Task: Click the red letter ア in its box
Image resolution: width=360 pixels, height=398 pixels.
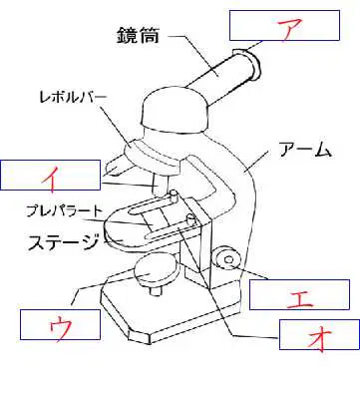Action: (289, 29)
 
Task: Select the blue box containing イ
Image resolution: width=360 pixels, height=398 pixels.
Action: (50, 176)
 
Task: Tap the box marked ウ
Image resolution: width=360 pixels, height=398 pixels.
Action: (60, 324)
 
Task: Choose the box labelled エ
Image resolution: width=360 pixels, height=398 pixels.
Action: (299, 294)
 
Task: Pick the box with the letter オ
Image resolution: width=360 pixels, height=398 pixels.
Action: (319, 334)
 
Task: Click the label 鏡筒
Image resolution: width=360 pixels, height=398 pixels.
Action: (138, 35)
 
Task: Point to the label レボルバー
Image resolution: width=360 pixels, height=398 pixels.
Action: (73, 97)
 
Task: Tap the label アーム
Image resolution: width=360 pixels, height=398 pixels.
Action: (305, 150)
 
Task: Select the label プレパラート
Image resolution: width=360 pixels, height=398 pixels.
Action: (63, 210)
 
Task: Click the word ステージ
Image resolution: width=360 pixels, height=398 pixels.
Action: (63, 242)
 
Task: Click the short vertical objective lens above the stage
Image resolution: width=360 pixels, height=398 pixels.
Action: (162, 185)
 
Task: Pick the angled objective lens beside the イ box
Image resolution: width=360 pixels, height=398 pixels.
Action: (117, 166)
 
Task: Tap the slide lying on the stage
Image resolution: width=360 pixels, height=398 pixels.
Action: (157, 220)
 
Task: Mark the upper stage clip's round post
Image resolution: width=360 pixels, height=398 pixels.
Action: (174, 196)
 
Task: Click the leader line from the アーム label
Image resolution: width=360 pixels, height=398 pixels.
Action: (255, 162)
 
